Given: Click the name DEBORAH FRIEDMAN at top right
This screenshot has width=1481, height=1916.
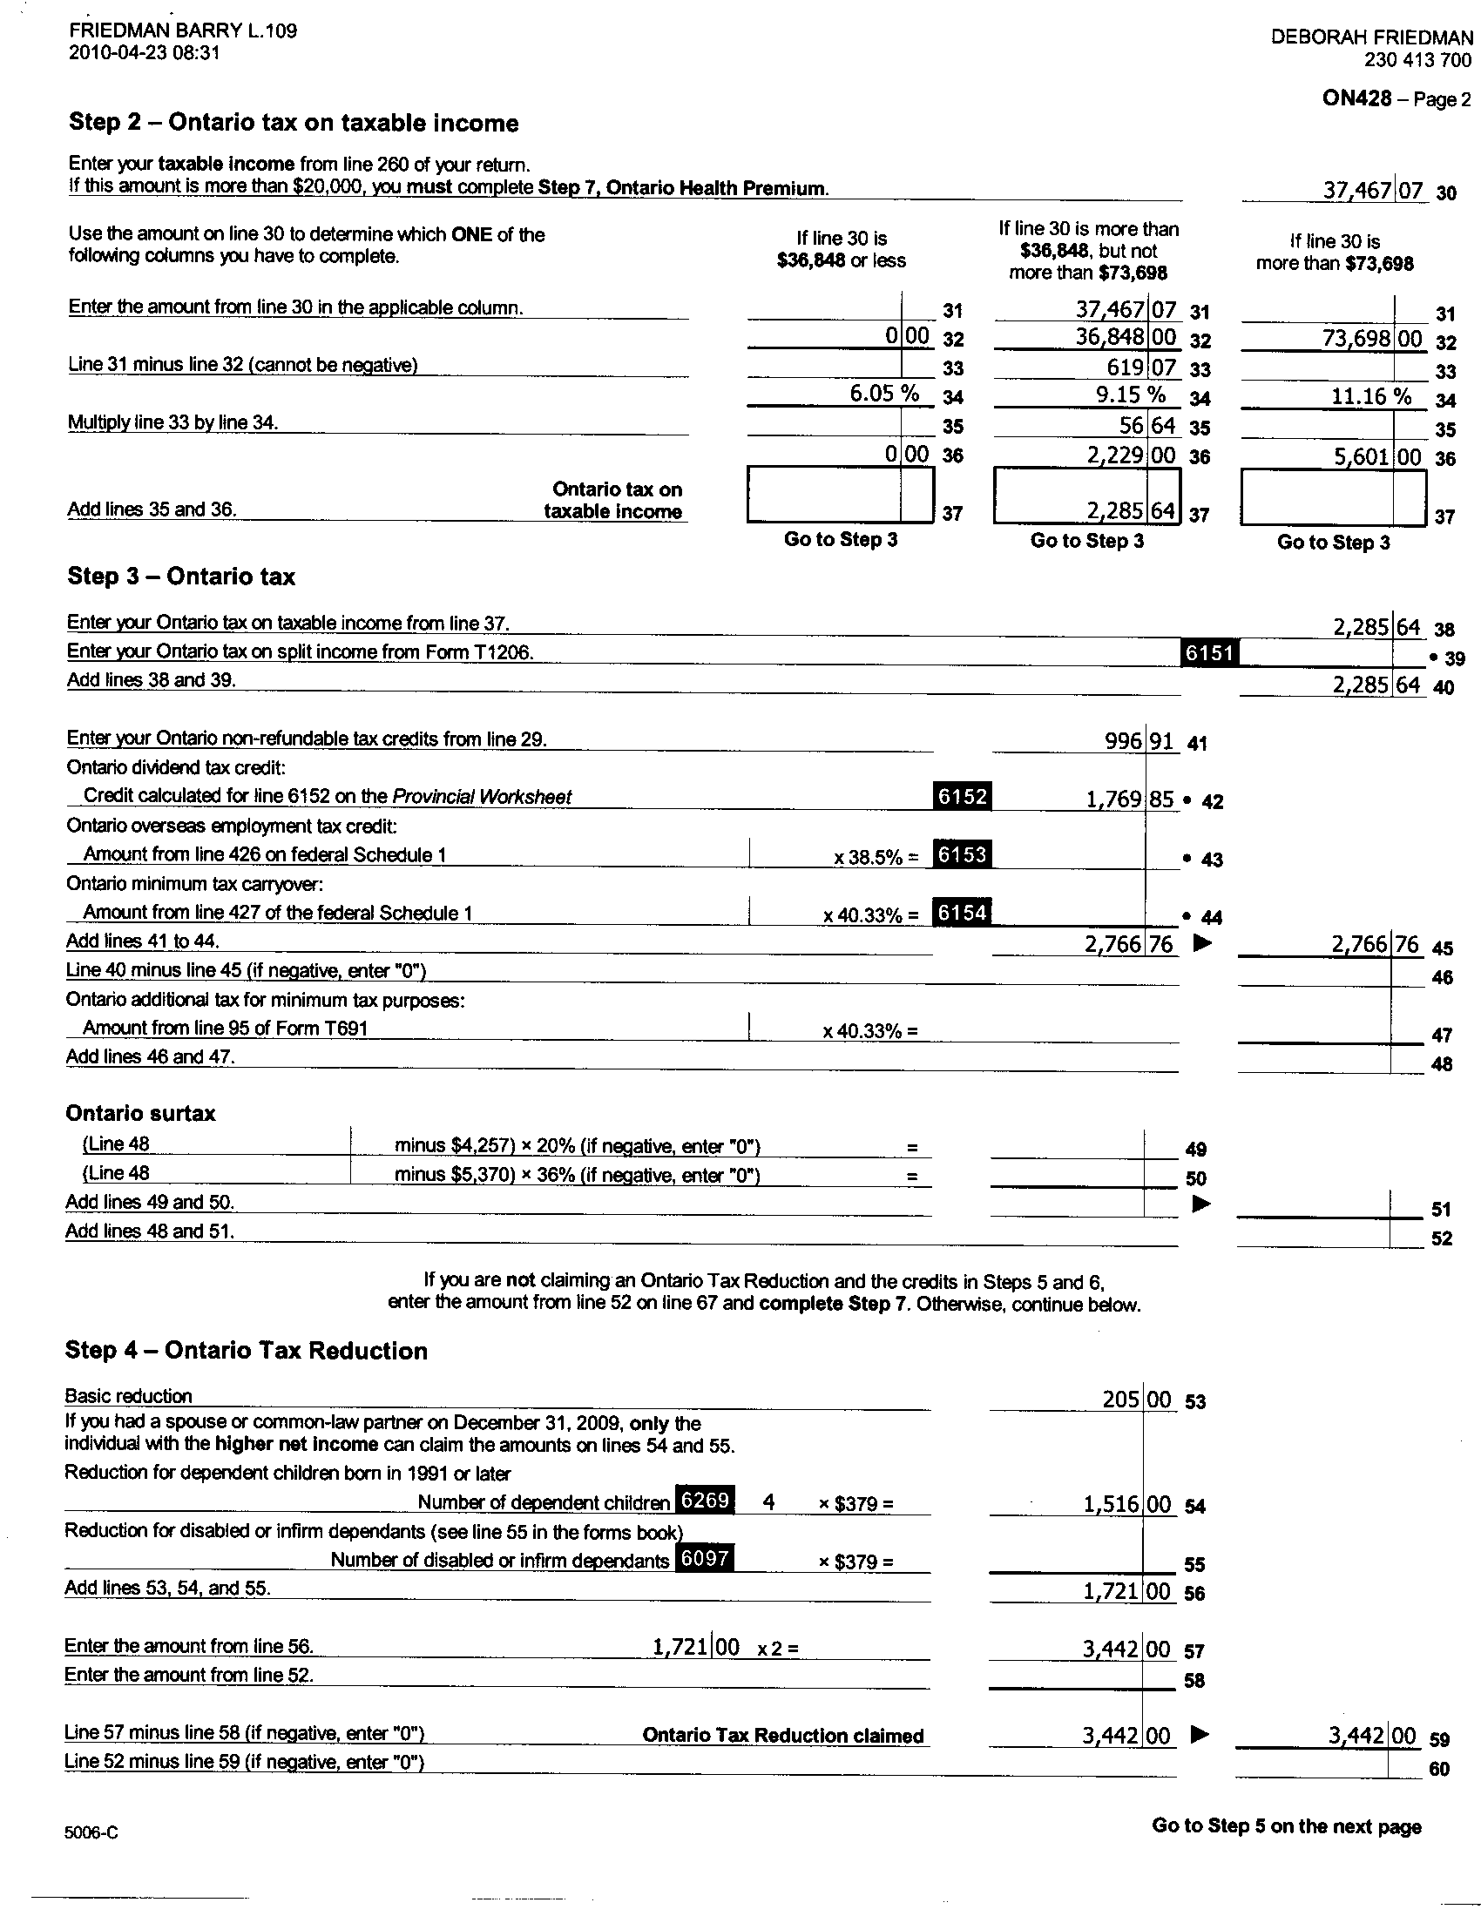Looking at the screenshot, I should (x=1371, y=37).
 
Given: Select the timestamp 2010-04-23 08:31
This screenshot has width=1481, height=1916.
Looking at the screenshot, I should (x=144, y=52).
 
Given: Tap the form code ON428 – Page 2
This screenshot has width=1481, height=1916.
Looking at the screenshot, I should (x=1396, y=98).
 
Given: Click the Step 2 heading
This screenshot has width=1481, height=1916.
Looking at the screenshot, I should (x=293, y=123).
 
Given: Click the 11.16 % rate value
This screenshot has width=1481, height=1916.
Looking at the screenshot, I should (x=1371, y=396).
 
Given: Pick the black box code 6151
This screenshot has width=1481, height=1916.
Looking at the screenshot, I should (x=1210, y=651).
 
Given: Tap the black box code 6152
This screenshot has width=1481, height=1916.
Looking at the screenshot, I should (x=963, y=797).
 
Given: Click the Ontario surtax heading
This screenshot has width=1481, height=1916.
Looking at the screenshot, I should (x=140, y=1113).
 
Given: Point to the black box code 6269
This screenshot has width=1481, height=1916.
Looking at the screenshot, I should (x=706, y=1501).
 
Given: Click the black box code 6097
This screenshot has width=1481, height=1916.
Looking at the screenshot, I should (x=705, y=1559).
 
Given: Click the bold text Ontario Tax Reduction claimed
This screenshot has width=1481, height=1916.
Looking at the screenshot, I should (x=782, y=1735).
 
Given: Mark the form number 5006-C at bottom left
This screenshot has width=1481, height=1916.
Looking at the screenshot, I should (x=91, y=1832).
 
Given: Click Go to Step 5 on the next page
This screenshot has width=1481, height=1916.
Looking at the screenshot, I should (x=1286, y=1825).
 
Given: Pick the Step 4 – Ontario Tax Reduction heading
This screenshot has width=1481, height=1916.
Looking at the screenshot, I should (x=246, y=1351).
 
